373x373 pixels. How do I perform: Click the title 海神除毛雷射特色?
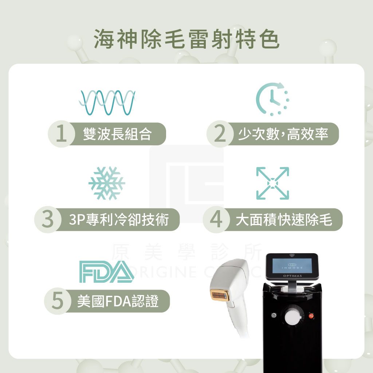tap(186, 39)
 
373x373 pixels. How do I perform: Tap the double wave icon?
tap(107, 102)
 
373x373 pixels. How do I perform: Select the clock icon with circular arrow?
tap(272, 99)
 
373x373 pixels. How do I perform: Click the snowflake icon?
tap(107, 183)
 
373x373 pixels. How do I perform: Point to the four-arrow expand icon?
tap(272, 183)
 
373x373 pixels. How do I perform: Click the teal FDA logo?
tap(107, 272)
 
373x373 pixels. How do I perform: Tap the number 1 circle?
tap(61, 134)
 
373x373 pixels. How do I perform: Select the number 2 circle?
tap(220, 134)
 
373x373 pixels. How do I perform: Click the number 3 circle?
tap(48, 219)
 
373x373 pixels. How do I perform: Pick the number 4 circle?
tap(216, 219)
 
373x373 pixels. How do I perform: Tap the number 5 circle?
tap(58, 301)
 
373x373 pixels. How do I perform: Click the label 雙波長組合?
tap(117, 134)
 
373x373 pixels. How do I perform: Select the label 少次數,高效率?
tap(283, 134)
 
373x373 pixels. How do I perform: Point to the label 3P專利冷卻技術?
tap(119, 220)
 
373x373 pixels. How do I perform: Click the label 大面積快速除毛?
tap(284, 220)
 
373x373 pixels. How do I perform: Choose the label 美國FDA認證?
tap(118, 301)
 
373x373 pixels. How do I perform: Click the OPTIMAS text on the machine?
tap(292, 276)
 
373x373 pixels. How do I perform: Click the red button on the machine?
tap(311, 316)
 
